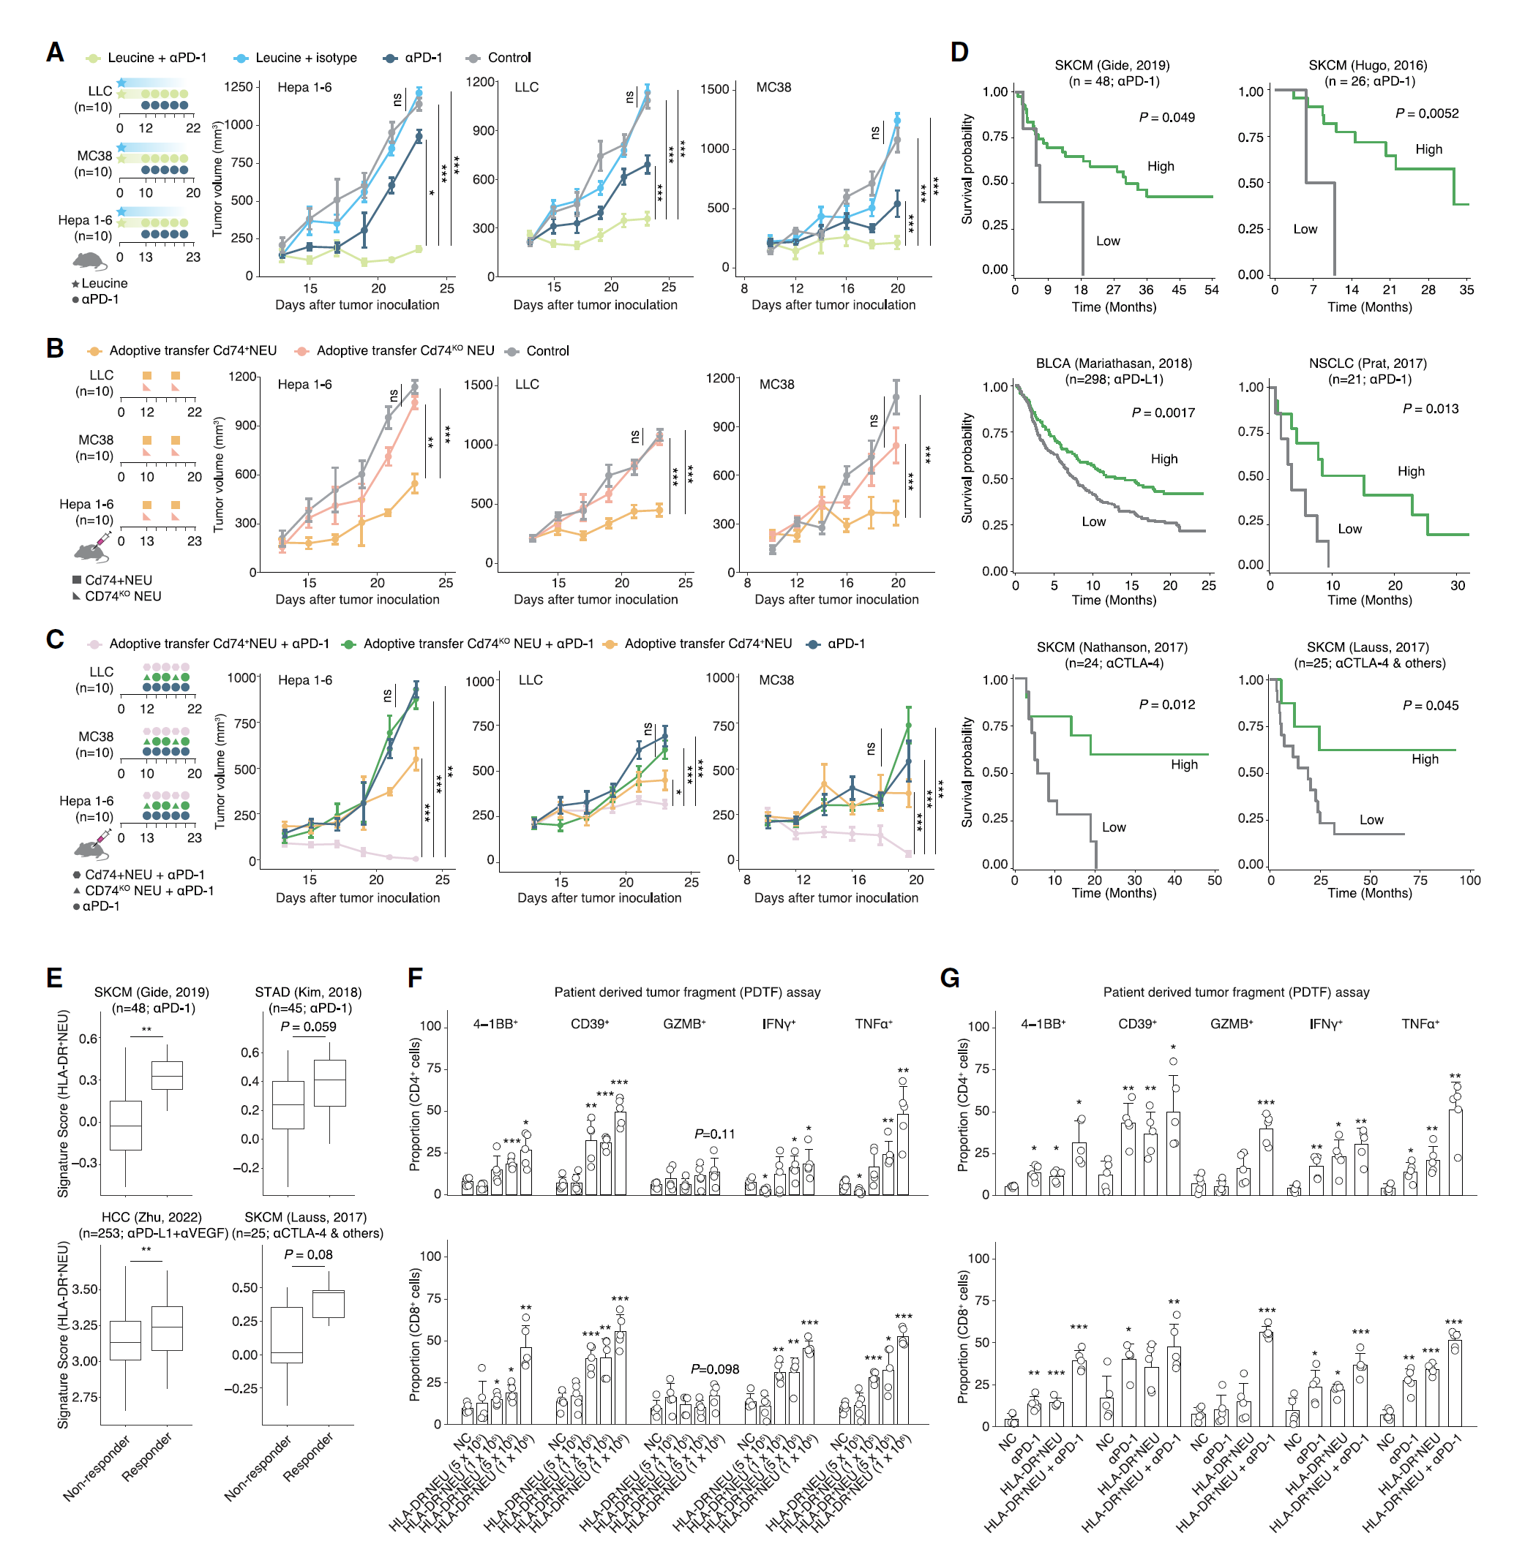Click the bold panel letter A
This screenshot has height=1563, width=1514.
[55, 53]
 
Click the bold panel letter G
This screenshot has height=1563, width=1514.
[949, 978]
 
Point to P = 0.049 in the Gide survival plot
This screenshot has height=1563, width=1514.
[1166, 118]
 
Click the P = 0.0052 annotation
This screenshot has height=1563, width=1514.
[1426, 114]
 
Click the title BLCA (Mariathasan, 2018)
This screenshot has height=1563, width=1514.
[1113, 364]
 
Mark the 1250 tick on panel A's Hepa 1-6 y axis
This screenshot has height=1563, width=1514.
[239, 87]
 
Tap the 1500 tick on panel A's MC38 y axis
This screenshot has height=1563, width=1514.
[715, 89]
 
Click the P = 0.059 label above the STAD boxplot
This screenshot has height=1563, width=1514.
[308, 1026]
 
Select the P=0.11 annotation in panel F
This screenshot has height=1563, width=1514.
[714, 1134]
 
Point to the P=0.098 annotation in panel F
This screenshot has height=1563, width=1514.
[714, 1369]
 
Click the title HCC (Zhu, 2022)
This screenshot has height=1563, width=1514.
[151, 1217]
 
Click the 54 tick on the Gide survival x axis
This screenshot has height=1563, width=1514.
[1211, 290]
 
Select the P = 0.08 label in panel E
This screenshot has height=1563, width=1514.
[308, 1254]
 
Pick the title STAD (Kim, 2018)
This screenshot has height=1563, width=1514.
[308, 992]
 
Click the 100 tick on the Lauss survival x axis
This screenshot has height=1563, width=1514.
[1469, 881]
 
